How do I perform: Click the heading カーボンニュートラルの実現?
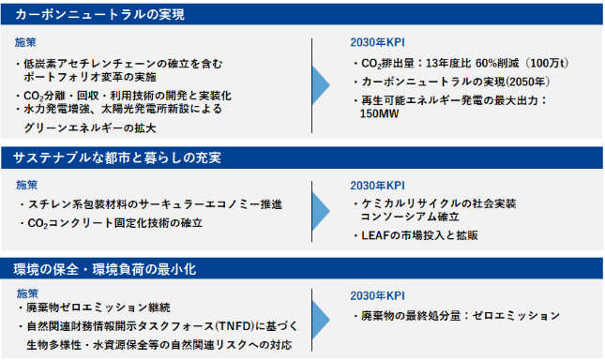(100, 15)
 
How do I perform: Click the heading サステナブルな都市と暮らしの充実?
(117, 158)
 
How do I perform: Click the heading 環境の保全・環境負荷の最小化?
(105, 269)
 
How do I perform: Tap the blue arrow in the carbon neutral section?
(321, 85)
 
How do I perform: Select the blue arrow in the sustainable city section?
(321, 211)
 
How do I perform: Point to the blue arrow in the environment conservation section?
(321, 320)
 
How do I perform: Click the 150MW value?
(379, 114)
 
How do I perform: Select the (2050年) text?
(527, 82)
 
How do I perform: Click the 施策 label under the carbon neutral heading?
(25, 42)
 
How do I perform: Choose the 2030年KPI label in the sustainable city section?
(378, 186)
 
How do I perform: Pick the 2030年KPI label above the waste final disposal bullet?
(378, 296)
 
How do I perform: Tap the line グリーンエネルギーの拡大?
(90, 127)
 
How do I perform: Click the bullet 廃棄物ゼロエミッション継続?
(98, 307)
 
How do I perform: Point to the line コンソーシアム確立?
(410, 217)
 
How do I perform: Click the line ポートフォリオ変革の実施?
(90, 77)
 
